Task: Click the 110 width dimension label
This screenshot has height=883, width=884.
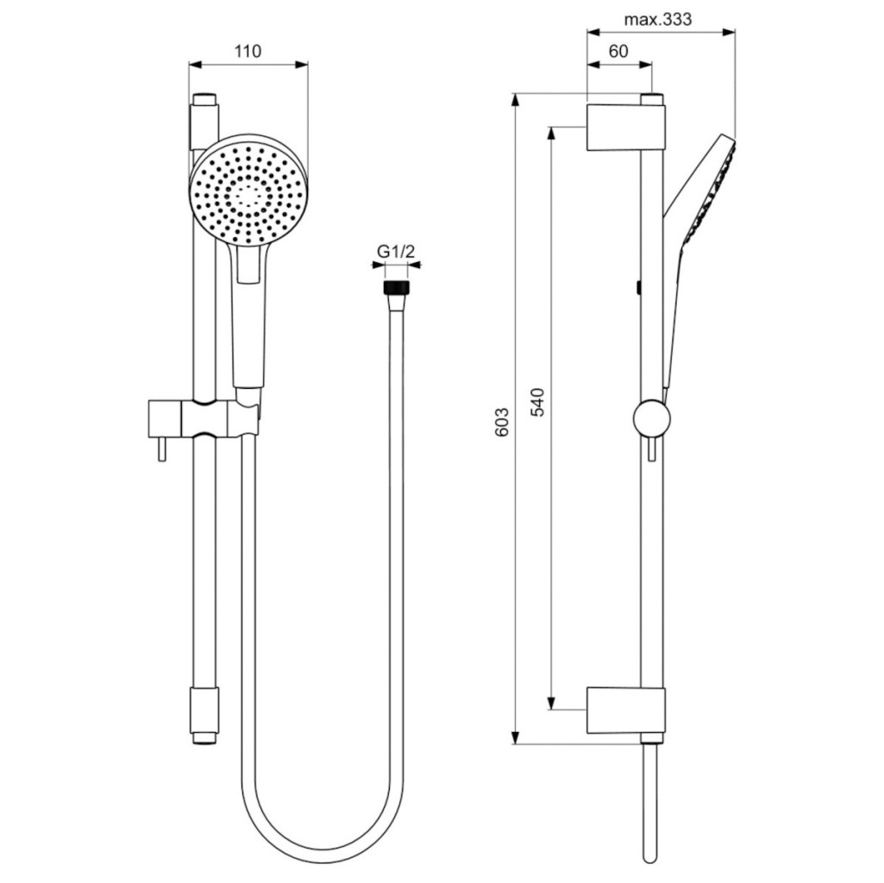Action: point(248,52)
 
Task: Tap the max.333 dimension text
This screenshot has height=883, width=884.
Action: point(658,20)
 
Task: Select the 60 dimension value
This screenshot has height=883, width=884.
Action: point(618,52)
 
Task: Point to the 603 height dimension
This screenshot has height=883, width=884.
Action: point(502,422)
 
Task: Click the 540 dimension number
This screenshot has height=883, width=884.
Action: point(538,402)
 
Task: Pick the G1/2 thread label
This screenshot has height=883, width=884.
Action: point(396,252)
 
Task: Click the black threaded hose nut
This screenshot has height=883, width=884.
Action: point(397,286)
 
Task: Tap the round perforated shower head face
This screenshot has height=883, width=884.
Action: point(248,194)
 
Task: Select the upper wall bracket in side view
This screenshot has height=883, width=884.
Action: point(626,128)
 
